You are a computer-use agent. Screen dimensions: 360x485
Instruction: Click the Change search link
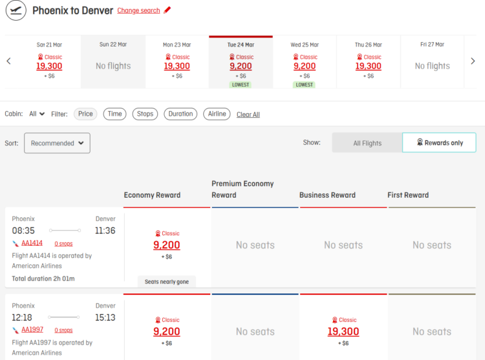[138, 10]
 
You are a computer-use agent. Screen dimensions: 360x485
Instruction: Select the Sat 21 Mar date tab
[49, 61]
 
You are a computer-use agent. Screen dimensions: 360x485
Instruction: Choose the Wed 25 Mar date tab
[305, 61]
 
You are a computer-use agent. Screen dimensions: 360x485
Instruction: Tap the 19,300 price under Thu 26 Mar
[368, 66]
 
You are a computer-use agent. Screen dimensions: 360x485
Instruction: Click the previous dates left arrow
[8, 61]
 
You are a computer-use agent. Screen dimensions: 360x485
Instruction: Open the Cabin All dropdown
[37, 114]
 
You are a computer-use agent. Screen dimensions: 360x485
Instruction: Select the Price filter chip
[85, 114]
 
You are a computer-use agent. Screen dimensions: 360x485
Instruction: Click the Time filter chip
[114, 114]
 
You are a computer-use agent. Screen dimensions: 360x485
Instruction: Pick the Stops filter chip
[145, 114]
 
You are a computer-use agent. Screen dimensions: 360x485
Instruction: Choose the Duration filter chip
[180, 114]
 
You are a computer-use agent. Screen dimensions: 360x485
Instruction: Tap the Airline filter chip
[217, 114]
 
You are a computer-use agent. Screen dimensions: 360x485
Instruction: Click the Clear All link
[248, 114]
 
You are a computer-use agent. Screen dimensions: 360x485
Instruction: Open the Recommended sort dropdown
[57, 143]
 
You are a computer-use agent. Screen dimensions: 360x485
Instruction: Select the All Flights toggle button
[367, 143]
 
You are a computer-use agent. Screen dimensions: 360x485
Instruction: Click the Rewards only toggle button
[439, 143]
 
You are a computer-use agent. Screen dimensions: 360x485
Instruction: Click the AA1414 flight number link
[32, 243]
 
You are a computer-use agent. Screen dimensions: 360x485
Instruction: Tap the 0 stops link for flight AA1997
[63, 330]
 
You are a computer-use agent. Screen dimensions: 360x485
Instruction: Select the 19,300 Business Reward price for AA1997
[343, 332]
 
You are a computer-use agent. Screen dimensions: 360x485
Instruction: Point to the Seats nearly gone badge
[166, 282]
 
